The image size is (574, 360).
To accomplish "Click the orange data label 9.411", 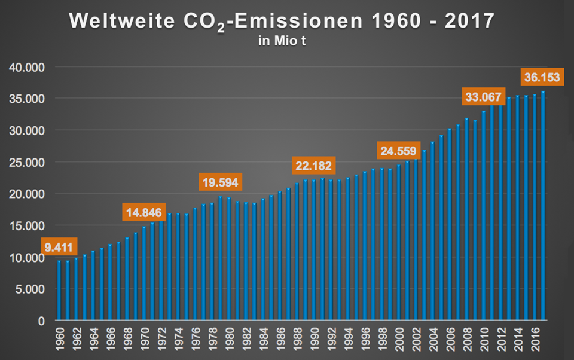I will tap(60, 246).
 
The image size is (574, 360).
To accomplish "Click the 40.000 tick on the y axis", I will tap(27, 68).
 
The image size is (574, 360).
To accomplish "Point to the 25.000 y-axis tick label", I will tap(27, 163).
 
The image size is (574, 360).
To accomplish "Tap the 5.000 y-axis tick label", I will tap(29, 289).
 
